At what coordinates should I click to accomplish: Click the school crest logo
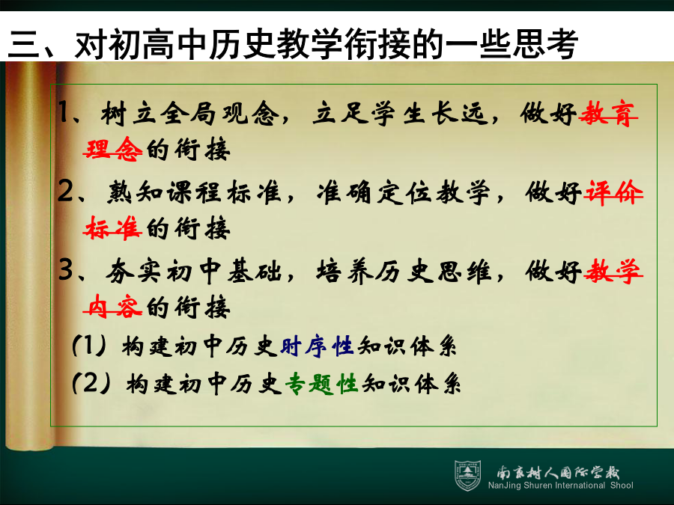(467, 476)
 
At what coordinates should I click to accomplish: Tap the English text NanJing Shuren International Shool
(560, 486)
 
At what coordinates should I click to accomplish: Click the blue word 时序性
(317, 346)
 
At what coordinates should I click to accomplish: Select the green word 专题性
(321, 384)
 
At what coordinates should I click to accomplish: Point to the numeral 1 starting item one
(64, 112)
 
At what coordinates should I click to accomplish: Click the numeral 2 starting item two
(65, 191)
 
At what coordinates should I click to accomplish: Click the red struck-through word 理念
(112, 149)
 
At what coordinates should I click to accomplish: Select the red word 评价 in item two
(613, 192)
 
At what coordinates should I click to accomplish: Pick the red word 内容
(112, 307)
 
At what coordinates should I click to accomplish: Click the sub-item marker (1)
(89, 346)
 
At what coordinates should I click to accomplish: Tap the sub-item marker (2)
(91, 383)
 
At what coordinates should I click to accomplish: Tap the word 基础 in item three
(255, 271)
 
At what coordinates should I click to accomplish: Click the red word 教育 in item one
(608, 114)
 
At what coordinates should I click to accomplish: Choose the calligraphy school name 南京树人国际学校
(558, 472)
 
